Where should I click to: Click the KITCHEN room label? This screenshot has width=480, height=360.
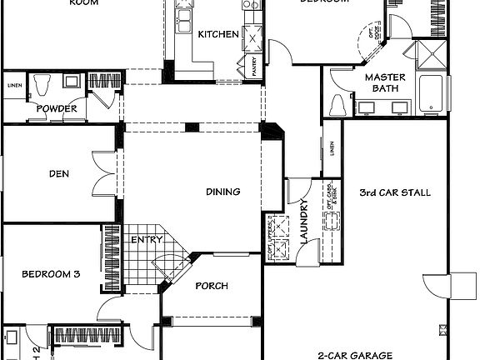[x=218, y=34]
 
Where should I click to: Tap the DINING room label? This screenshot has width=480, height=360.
[x=223, y=192]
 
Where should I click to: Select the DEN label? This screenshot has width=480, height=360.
[x=58, y=174]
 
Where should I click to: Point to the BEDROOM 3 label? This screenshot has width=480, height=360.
[x=51, y=273]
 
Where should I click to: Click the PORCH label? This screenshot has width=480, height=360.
[x=212, y=286]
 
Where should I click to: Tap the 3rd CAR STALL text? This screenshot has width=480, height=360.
[x=395, y=192]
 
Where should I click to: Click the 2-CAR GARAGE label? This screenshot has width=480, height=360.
[x=354, y=354]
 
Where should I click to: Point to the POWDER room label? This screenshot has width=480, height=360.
[x=57, y=109]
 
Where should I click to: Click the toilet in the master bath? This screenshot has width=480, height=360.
[x=338, y=106]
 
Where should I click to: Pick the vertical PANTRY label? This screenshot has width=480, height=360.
[x=254, y=67]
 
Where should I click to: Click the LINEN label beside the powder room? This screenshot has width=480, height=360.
[x=14, y=86]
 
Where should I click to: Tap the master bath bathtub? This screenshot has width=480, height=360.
[x=431, y=93]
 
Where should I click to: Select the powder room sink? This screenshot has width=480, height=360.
[x=72, y=82]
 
